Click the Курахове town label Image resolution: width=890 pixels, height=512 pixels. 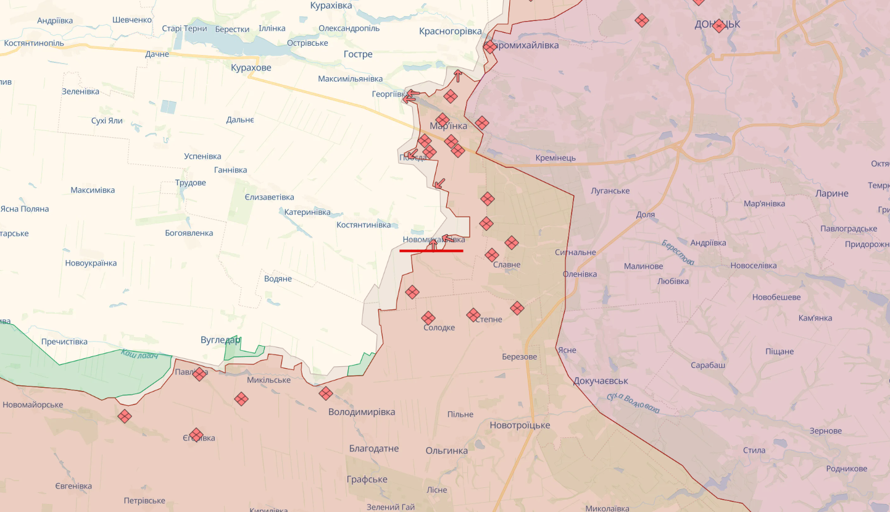[x=251, y=67]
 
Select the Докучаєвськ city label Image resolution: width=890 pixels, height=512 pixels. [x=601, y=381]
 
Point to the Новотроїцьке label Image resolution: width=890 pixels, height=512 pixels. [x=520, y=426]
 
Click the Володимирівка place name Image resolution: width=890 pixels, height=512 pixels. [x=362, y=412]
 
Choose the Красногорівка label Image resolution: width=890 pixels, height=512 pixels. [x=450, y=31]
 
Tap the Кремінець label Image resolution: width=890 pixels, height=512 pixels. [x=555, y=157]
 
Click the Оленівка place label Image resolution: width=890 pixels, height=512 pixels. [x=580, y=274]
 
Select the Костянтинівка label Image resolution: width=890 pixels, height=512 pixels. [x=364, y=225]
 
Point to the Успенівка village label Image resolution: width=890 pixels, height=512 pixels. [x=202, y=156]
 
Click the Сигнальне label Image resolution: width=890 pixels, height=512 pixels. [x=575, y=252]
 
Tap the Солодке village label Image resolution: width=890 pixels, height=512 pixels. [x=439, y=327]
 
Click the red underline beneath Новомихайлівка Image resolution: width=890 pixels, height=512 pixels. [x=431, y=251]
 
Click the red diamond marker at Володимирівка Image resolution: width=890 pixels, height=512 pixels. [x=326, y=393]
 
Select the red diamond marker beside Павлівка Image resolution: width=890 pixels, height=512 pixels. [x=199, y=374]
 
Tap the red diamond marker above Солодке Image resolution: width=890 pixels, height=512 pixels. [x=428, y=318]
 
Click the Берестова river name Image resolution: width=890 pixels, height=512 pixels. [x=677, y=253]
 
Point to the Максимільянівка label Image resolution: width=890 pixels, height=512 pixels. [x=350, y=79]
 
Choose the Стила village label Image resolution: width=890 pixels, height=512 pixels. [x=754, y=450]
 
